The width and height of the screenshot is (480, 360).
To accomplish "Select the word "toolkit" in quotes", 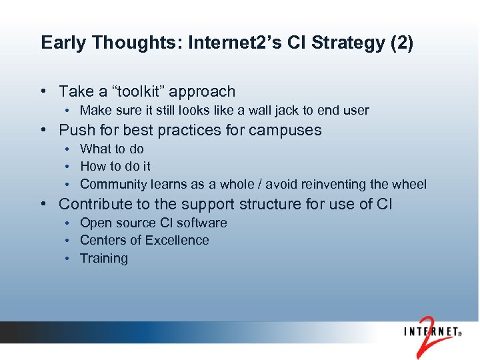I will [x=141, y=91].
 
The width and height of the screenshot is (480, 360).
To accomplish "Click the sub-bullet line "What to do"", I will [x=111, y=149].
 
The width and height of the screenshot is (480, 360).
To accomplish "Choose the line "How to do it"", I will [x=115, y=166].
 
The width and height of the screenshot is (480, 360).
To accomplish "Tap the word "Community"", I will [x=111, y=184].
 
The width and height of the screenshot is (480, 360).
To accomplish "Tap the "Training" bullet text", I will [x=103, y=258].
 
